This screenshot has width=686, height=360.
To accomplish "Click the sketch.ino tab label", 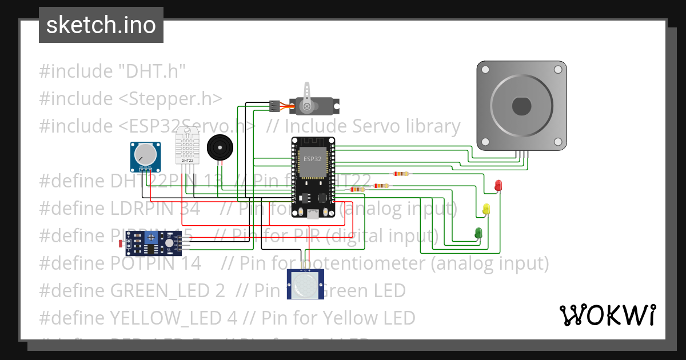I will (101, 25).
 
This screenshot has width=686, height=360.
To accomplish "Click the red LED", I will (498, 185).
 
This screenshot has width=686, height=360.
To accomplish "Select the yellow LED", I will (486, 209).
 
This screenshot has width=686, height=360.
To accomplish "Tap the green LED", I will (478, 233).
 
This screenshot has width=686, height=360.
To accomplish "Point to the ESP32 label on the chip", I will (312, 159).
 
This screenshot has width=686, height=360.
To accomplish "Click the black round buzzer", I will (220, 147).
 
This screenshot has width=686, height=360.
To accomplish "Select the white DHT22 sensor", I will (187, 145).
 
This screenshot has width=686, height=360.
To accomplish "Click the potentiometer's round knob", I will (145, 154).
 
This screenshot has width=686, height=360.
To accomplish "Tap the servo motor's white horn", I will (308, 96).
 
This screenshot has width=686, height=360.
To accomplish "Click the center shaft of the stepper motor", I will (521, 106).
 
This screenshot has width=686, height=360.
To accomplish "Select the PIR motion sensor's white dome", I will (305, 282).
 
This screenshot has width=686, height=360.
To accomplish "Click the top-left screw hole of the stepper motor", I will (485, 70).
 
